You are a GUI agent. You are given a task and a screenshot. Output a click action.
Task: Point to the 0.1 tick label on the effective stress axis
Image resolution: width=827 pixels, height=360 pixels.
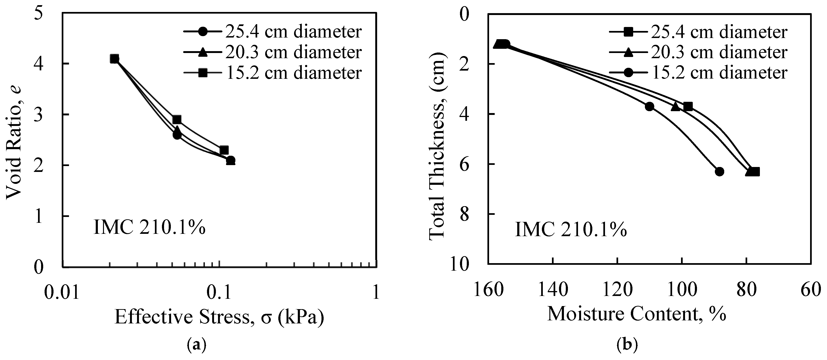[219, 292]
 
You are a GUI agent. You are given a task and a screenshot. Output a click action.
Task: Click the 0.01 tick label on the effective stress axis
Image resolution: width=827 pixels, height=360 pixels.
[62, 292]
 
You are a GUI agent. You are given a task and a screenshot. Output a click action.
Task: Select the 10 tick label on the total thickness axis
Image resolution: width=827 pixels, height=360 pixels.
[460, 265]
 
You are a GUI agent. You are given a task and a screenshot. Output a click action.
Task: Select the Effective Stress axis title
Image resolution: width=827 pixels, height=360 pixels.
[219, 317]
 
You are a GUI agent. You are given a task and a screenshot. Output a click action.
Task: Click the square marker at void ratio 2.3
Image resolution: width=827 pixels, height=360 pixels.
[224, 150]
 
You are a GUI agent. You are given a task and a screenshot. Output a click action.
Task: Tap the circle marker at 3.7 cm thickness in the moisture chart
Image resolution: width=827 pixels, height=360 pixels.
[649, 106]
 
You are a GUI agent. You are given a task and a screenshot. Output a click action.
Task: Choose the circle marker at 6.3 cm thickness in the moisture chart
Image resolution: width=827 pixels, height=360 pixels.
[720, 171]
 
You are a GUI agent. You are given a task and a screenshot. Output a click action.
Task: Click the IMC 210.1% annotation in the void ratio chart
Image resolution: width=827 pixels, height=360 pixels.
[149, 228]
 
